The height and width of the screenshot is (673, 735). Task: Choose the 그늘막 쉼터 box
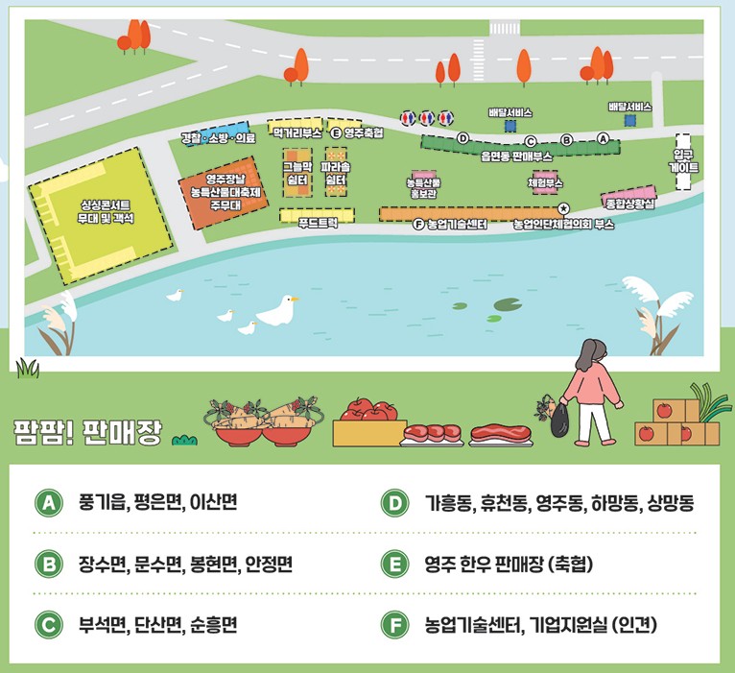[296, 173]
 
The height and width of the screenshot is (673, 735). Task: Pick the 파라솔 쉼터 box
[336, 173]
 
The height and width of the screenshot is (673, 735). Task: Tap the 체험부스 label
[545, 182]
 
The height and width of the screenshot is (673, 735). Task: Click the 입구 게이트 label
[683, 160]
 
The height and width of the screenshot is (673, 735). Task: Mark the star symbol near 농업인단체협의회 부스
[564, 207]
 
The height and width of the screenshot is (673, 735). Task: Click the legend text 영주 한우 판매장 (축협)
[510, 565]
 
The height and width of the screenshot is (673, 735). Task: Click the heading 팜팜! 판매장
[87, 427]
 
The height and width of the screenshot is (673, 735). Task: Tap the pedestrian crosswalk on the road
[503, 27]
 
